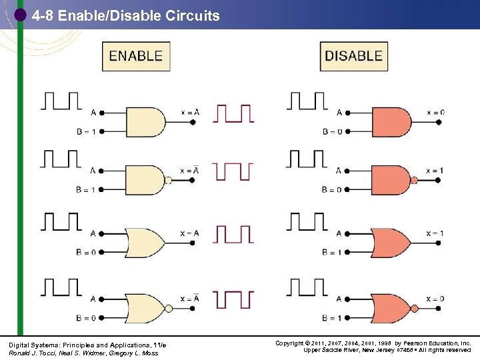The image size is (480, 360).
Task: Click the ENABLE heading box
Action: tap(136, 57)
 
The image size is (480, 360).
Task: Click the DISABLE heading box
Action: tap(353, 57)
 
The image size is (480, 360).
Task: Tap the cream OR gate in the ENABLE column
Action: tap(147, 243)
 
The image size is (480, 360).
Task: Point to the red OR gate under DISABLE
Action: tap(392, 243)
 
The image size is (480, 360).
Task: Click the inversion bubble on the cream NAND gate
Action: tap(169, 180)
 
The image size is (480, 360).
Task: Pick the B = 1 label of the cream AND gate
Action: tap(86, 131)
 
